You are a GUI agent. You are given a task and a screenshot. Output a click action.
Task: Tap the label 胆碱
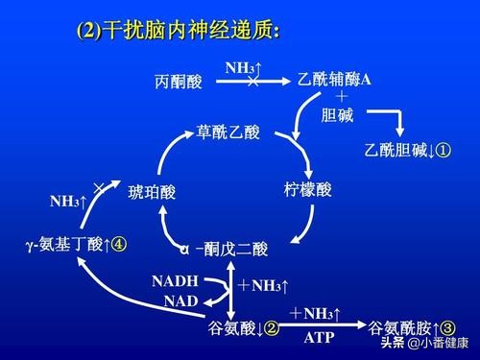(x=337, y=115)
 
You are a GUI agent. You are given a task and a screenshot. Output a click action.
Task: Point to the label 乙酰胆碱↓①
(x=407, y=151)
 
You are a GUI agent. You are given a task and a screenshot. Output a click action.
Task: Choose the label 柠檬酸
(x=308, y=189)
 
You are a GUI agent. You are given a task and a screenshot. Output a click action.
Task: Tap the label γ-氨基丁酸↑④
(x=78, y=244)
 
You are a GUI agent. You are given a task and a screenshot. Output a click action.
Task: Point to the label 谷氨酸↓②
(x=243, y=329)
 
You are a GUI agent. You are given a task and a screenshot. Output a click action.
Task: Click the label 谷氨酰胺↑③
(x=412, y=328)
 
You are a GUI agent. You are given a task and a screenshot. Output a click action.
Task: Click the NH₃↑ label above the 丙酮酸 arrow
(x=244, y=67)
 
